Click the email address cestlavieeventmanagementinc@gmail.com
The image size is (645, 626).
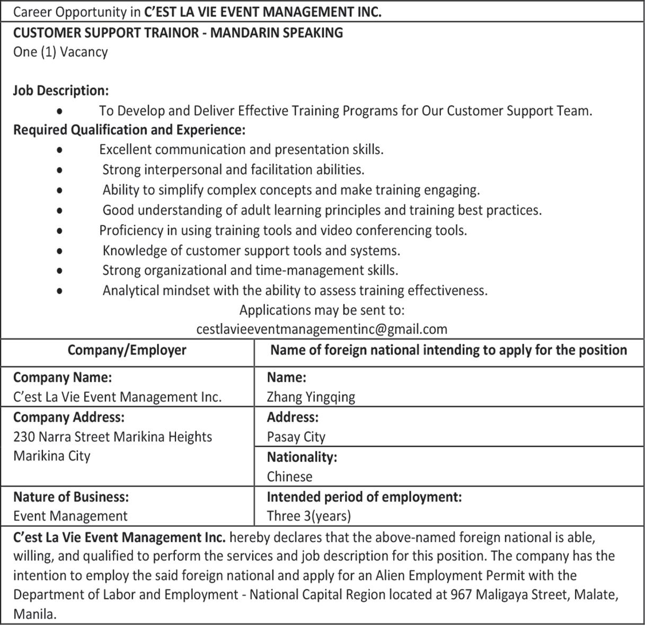[322, 329]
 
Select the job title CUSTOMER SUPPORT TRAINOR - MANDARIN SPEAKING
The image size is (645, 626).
[178, 33]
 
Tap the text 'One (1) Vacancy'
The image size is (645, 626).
[60, 52]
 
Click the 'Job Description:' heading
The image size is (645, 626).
[61, 91]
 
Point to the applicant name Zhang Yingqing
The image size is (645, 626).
[311, 396]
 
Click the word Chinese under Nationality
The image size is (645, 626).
[289, 477]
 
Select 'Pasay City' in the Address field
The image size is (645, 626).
[296, 437]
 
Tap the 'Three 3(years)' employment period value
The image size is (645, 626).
[309, 516]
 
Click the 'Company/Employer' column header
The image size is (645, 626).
[127, 350]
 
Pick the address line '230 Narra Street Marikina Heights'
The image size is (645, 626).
[112, 437]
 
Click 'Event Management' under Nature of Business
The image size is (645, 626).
[70, 516]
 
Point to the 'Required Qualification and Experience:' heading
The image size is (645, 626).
[129, 130]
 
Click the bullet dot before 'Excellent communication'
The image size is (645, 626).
[60, 151]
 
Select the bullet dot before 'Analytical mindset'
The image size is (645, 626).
[60, 291]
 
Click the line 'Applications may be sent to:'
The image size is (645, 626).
[322, 310]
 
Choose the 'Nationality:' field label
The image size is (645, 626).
[302, 457]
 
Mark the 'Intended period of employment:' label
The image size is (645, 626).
[364, 497]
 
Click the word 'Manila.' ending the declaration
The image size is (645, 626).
[35, 614]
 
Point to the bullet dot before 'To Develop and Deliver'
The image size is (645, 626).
[60, 111]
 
